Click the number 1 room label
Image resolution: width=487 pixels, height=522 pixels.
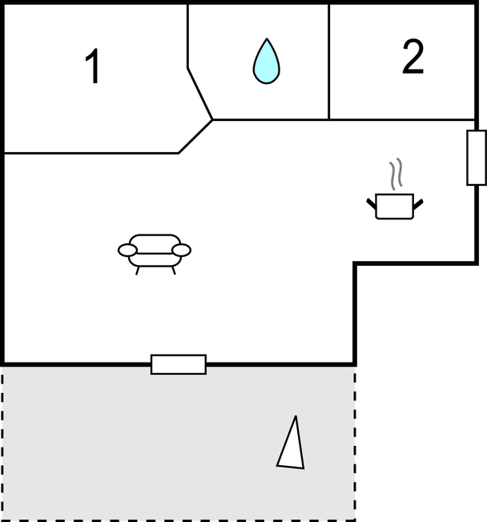tap(93, 66)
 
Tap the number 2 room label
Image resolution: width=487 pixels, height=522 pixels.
tap(413, 57)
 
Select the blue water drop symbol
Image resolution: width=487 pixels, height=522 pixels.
tap(267, 61)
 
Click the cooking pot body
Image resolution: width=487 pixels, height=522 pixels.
tap(394, 207)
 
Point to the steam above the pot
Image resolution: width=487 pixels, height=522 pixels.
tap(396, 174)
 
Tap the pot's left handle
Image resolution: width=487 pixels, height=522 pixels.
tap(371, 203)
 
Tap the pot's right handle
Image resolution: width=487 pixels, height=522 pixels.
tap(418, 204)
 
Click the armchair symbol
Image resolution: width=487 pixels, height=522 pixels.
tap(155, 254)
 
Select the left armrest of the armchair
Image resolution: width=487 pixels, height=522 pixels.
tap(127, 251)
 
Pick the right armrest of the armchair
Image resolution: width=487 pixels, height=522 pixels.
tap(182, 251)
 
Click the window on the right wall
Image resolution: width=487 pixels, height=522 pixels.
tap(477, 158)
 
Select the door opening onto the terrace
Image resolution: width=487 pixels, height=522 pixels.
tap(179, 364)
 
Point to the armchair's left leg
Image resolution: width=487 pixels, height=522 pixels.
tap(137, 271)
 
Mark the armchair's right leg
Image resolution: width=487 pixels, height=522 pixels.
tap(174, 271)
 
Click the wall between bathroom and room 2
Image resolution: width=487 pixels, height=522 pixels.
tap(329, 62)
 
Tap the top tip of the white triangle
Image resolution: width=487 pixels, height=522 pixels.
tap(296, 416)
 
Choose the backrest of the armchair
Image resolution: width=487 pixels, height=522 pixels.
tap(155, 244)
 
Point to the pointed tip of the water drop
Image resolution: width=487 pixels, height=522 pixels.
tap(267, 38)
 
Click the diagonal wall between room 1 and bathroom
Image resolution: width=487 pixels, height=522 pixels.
tap(200, 94)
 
